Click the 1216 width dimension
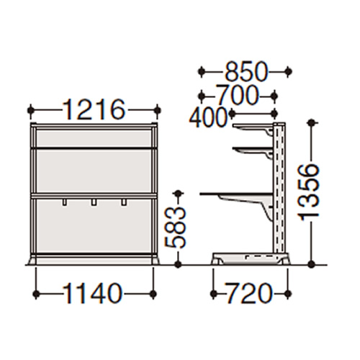tap(94, 110)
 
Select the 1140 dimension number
tap(93, 293)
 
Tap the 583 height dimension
tap(175, 228)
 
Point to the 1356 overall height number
tap(308, 193)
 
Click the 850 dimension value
tap(246, 71)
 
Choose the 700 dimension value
tap(238, 95)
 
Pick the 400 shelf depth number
tap(208, 117)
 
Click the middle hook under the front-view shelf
tap(94, 202)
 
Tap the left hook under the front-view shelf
tap(64, 202)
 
